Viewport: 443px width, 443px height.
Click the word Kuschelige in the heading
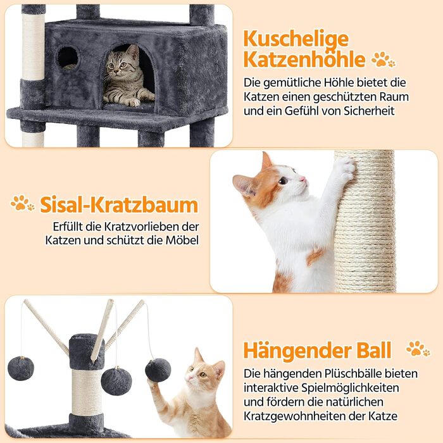[x=296, y=40]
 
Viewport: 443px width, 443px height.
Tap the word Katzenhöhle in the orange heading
[x=304, y=59]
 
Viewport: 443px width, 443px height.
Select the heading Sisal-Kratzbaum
[x=119, y=205]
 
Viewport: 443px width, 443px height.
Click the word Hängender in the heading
[x=297, y=351]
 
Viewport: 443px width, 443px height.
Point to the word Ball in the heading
[x=374, y=350]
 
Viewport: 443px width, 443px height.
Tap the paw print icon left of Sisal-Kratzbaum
[x=22, y=203]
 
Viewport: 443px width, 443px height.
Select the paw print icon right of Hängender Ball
[x=418, y=348]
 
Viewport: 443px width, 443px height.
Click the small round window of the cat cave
[x=68, y=58]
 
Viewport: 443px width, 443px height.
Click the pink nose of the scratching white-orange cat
[x=303, y=179]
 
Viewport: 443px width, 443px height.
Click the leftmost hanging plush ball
[x=21, y=368]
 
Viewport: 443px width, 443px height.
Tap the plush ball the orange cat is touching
[x=158, y=370]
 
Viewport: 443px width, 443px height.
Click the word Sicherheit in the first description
[x=369, y=111]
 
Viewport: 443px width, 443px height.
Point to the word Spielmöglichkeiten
[x=350, y=388]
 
